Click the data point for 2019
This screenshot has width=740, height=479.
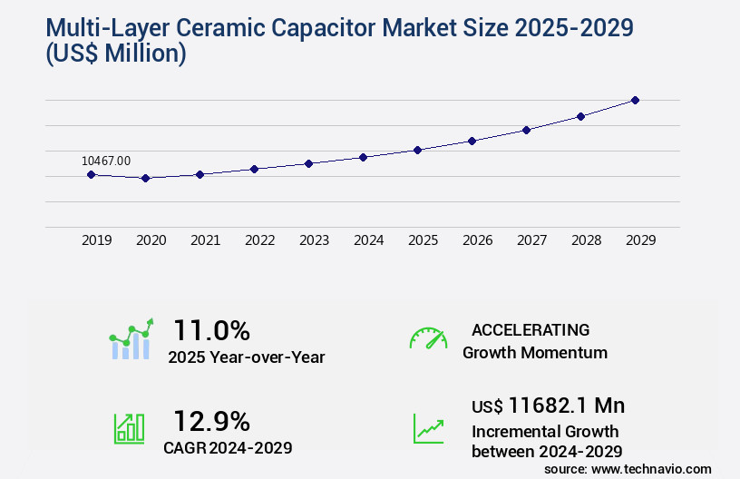click(91, 174)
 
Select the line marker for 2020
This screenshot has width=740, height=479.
click(145, 178)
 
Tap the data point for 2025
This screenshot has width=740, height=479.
click(417, 150)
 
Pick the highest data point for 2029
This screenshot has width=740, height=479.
click(635, 100)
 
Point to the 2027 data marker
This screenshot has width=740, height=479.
click(526, 130)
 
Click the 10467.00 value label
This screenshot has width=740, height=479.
click(106, 161)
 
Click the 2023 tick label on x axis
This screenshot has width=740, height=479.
click(314, 240)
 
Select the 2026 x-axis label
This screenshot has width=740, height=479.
click(477, 240)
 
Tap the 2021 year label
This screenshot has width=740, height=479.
click(205, 240)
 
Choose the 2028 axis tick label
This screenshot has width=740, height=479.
click(586, 240)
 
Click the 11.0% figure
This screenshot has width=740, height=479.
click(211, 329)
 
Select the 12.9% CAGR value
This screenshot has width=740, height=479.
click(211, 420)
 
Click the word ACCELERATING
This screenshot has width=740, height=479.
click(531, 329)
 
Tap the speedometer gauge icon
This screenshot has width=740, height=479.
click(428, 338)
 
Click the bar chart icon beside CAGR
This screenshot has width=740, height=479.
click(129, 428)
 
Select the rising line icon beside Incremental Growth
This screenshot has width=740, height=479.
click(428, 428)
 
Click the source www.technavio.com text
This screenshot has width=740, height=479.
click(628, 469)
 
